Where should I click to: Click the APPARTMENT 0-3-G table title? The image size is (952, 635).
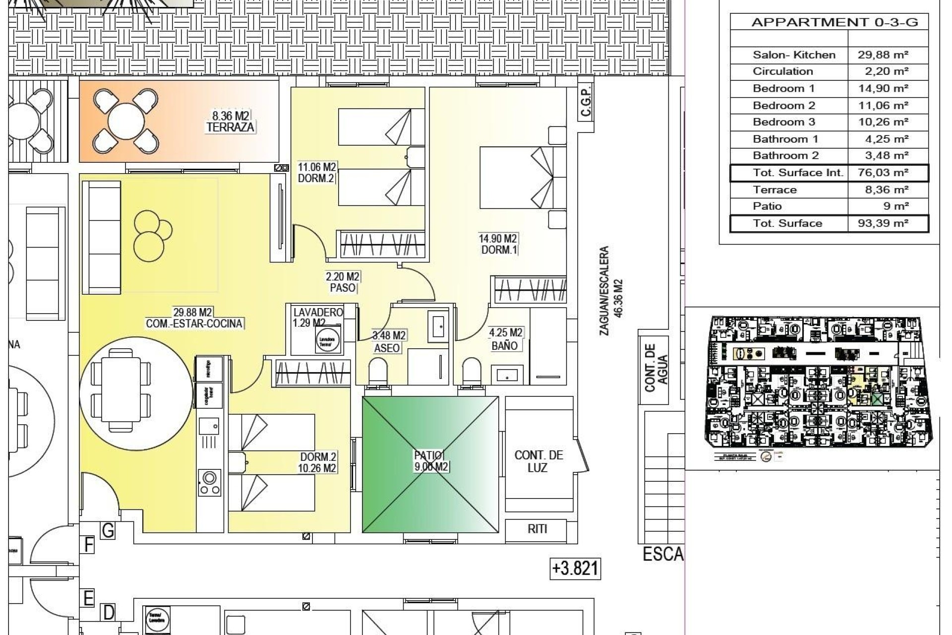click(834, 22)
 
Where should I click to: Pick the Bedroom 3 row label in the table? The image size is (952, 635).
click(783, 122)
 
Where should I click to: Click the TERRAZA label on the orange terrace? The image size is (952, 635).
click(231, 127)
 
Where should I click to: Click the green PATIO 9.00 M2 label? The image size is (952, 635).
click(431, 461)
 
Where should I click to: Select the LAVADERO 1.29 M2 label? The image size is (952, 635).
click(318, 317)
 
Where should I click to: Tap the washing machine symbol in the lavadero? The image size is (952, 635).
click(327, 341)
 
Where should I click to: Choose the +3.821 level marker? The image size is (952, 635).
click(575, 568)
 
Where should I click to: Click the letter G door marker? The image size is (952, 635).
click(108, 531)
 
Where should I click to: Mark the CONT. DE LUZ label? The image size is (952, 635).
click(538, 461)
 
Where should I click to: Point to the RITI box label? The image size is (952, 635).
click(537, 529)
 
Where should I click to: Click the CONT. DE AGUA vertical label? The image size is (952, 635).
click(656, 367)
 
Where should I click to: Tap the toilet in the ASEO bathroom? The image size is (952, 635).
click(378, 371)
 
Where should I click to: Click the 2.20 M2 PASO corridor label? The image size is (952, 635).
click(343, 282)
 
